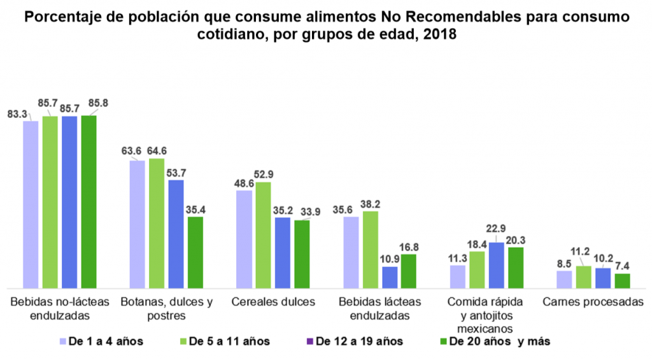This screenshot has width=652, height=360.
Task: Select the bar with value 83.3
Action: [31, 204]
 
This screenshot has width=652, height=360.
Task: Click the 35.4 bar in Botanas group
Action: [195, 252]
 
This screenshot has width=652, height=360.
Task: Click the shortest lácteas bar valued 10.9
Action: [390, 277]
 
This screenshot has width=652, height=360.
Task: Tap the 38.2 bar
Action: [371, 249]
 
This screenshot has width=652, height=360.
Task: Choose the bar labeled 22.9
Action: [497, 265]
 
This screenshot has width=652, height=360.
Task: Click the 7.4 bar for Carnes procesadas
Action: [622, 280]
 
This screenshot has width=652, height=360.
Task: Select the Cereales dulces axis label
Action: [273, 302]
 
